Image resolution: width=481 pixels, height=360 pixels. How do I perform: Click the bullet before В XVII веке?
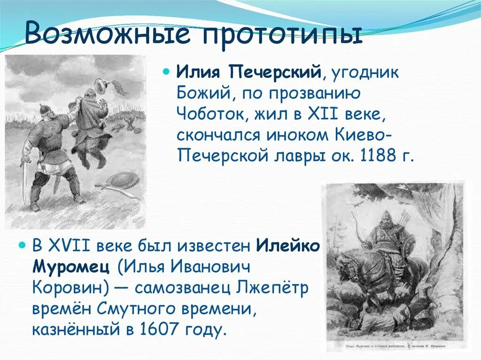(x=21, y=245)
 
